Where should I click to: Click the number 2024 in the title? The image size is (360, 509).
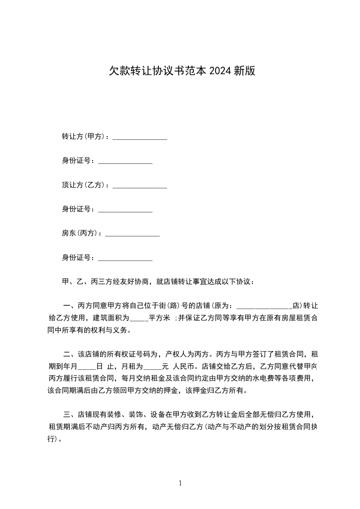coord(220,71)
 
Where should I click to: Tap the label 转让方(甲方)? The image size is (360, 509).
coord(84,137)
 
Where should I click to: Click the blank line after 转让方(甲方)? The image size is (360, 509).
coord(140,137)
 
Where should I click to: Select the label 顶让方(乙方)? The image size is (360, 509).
coord(84,185)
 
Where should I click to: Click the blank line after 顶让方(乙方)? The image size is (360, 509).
coord(140,186)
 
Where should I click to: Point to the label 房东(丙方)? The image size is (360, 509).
coord(80,234)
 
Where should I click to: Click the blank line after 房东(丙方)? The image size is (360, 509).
coord(133,235)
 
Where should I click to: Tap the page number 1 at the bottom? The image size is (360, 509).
coord(180,483)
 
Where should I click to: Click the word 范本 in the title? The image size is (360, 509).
coord(198,71)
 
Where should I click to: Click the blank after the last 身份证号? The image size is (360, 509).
coord(125,259)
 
